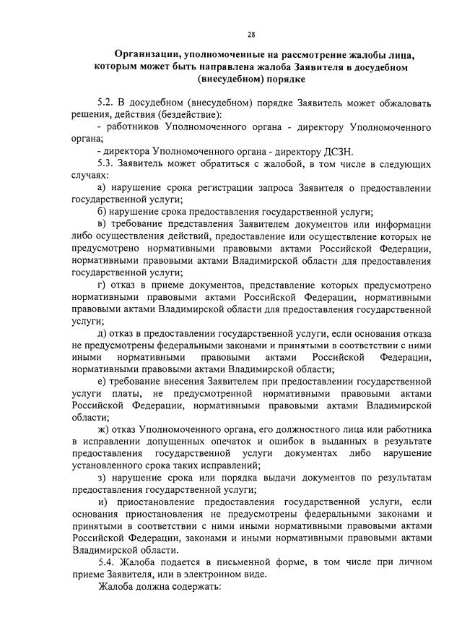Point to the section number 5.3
pos(106,163)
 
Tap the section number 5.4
pos(106,562)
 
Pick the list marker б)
pos(101,212)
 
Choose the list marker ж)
pos(103,429)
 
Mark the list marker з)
pos(101,478)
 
